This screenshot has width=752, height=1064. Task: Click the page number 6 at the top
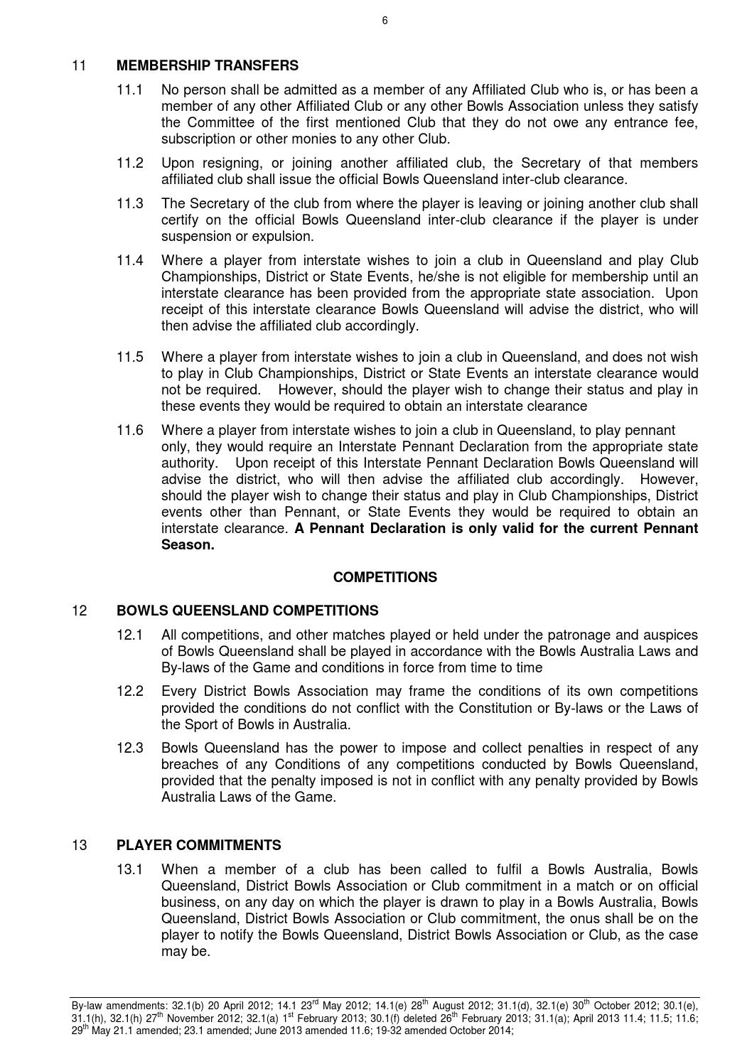pyautogui.click(x=385, y=21)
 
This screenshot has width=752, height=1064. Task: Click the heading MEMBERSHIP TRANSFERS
pyautogui.click(x=207, y=65)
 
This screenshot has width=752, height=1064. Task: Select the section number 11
pyautogui.click(x=79, y=65)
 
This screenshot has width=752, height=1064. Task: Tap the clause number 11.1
pyautogui.click(x=130, y=90)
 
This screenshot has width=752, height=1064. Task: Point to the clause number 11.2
pyautogui.click(x=130, y=163)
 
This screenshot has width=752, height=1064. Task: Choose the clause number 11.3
pyautogui.click(x=130, y=204)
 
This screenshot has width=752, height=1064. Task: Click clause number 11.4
pyautogui.click(x=130, y=261)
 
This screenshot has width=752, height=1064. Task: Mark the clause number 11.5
pyautogui.click(x=130, y=358)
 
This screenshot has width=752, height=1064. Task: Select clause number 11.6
pyautogui.click(x=130, y=431)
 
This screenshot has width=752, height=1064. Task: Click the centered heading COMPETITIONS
pyautogui.click(x=385, y=578)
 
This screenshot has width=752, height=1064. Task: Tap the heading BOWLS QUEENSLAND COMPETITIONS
pyautogui.click(x=247, y=611)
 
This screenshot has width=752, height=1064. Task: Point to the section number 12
pyautogui.click(x=79, y=611)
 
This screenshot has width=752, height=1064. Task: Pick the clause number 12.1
pyautogui.click(x=130, y=635)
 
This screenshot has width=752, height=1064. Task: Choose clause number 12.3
pyautogui.click(x=130, y=748)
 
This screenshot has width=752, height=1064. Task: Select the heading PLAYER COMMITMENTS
pyautogui.click(x=198, y=846)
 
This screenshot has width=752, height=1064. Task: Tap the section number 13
pyautogui.click(x=79, y=846)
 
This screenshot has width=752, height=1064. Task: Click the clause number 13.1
pyautogui.click(x=130, y=870)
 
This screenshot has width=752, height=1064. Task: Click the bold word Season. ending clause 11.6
pyautogui.click(x=188, y=545)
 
